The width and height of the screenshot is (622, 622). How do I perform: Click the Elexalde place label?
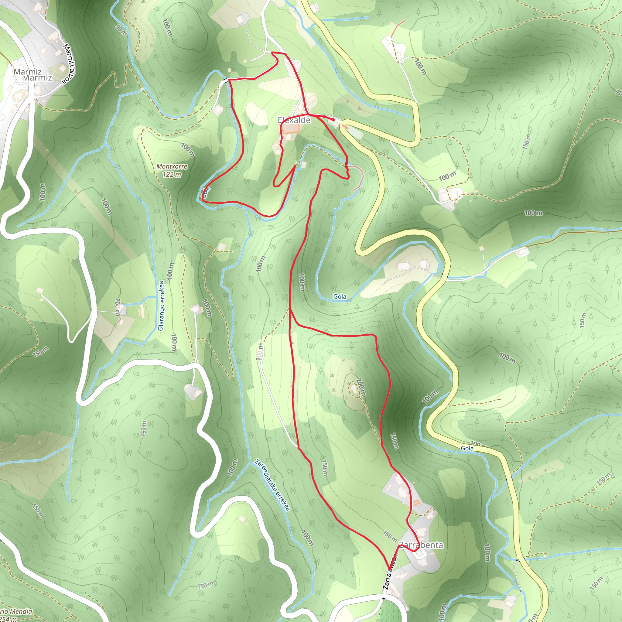click(294, 120)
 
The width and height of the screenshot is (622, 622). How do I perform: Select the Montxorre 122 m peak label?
click(172, 170)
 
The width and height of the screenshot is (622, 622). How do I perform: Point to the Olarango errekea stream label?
click(161, 306)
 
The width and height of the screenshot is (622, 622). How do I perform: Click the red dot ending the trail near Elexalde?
click(333, 120)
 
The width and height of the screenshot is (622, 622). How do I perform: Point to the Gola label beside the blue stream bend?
click(340, 296)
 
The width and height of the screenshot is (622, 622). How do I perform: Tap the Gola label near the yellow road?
click(467, 448)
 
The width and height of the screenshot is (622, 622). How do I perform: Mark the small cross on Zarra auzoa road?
click(384, 599)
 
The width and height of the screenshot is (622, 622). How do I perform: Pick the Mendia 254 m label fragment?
click(16, 614)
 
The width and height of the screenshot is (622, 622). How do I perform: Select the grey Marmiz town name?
click(32, 75)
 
